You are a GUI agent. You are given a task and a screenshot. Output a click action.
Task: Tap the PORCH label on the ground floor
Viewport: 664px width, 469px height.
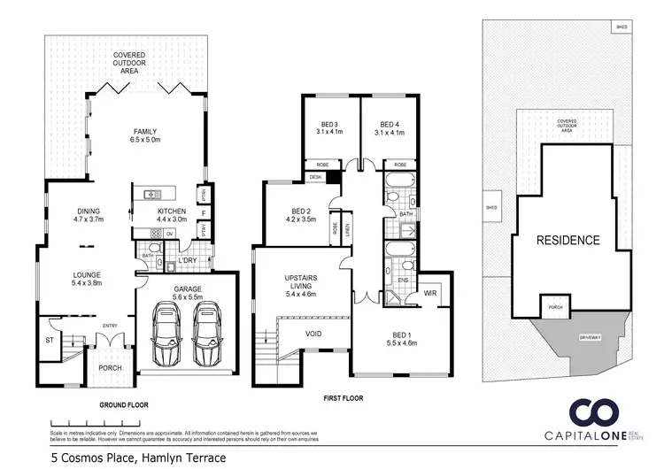(110, 369)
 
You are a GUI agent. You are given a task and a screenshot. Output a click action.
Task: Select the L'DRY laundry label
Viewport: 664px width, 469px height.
(187, 259)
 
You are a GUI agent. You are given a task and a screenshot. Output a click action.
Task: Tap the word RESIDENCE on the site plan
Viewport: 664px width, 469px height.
(567, 240)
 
